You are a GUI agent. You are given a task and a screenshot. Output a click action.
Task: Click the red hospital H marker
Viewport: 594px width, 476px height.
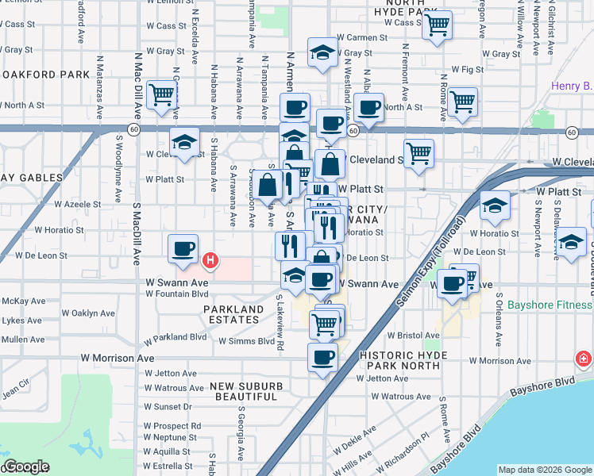pyautogui.click(x=210, y=259)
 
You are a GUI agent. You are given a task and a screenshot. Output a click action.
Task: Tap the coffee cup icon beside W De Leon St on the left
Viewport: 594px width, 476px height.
pyautogui.click(x=183, y=249)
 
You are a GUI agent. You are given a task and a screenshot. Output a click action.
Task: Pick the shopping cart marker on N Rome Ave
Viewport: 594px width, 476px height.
pyautogui.click(x=462, y=101)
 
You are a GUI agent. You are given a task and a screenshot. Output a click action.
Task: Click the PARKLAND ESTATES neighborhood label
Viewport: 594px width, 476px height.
pyautogui.click(x=233, y=315)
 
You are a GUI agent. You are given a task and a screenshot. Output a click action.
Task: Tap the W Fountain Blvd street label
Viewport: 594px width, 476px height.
pyautogui.click(x=175, y=294)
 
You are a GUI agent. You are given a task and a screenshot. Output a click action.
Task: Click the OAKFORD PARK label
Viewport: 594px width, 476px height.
pyautogui.click(x=44, y=75)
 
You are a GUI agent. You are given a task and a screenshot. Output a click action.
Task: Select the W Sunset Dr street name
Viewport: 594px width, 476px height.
pyautogui.click(x=168, y=407)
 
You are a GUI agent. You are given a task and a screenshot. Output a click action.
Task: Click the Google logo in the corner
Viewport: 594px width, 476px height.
pyautogui.click(x=27, y=466)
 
